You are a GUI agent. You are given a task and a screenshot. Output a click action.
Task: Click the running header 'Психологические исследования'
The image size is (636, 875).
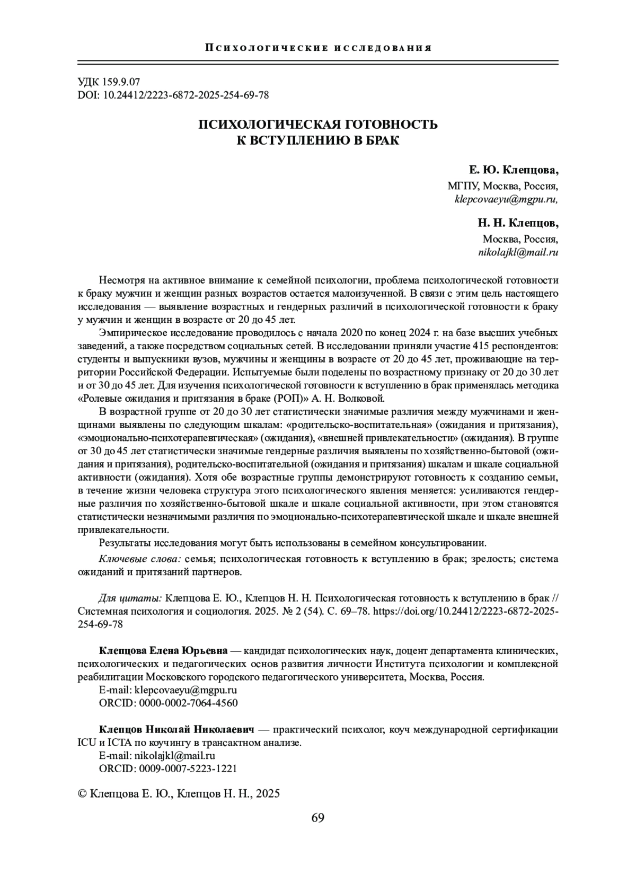pos(318,48)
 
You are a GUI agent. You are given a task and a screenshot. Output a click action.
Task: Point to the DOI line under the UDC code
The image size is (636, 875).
pos(173,95)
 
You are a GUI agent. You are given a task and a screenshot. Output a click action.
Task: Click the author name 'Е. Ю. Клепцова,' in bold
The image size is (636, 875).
pos(514,171)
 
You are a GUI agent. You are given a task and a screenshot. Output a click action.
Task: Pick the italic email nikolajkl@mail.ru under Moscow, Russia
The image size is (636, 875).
pos(518,253)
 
